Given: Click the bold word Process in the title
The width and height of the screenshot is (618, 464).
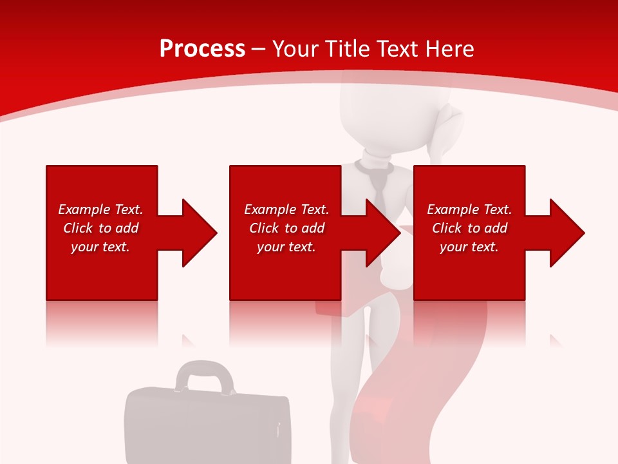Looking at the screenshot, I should point(202,49).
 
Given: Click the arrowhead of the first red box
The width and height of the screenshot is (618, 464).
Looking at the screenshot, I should point(200,233).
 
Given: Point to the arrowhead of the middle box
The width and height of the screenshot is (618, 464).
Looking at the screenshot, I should point(384,233).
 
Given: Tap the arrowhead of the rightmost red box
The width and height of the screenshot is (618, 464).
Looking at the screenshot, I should point(567,233).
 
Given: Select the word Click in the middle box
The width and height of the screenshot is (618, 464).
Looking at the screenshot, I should point(264,228).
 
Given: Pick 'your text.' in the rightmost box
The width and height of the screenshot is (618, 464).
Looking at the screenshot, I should point(469,247).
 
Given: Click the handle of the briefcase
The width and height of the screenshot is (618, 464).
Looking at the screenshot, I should point(205,375).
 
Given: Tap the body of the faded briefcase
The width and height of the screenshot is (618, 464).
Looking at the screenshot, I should point(206,425).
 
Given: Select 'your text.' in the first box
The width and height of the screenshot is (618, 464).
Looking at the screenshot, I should point(100,247).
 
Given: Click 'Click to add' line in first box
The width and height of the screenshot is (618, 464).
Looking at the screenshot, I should point(101,228).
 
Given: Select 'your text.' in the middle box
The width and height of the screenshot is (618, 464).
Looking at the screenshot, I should point(286,247).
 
